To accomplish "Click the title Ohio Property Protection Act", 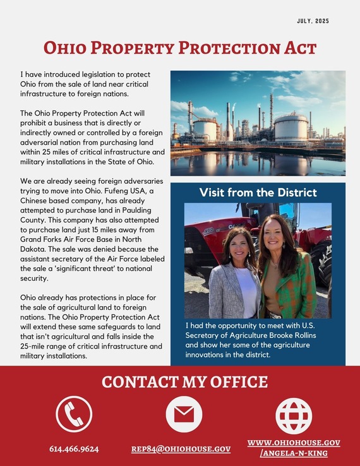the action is pyautogui.click(x=180, y=48).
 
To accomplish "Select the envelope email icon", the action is pyautogui.click(x=183, y=414).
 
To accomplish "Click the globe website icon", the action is pyautogui.click(x=294, y=414).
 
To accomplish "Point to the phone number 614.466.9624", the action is pyautogui.click(x=74, y=449).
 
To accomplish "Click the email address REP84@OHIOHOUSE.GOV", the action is pyautogui.click(x=181, y=449).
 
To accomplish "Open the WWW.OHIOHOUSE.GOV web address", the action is pyautogui.click(x=294, y=443).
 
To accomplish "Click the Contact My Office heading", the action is pyautogui.click(x=184, y=382).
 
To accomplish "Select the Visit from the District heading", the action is pyautogui.click(x=258, y=192).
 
